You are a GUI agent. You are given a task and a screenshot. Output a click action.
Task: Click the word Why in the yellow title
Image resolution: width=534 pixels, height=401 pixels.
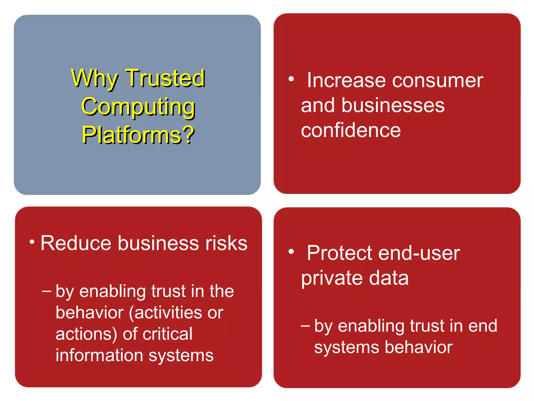coord(94,78)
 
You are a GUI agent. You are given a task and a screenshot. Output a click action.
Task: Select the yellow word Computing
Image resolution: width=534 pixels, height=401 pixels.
coord(138,107)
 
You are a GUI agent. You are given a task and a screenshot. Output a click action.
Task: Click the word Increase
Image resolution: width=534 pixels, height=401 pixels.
coord(346,80)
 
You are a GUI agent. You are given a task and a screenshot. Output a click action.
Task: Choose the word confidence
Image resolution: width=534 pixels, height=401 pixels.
coord(351,130)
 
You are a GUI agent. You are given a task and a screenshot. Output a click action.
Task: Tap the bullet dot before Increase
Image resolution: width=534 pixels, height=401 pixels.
coord(291,79)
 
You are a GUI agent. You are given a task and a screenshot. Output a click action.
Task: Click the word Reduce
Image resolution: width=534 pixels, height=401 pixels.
coord(76,243)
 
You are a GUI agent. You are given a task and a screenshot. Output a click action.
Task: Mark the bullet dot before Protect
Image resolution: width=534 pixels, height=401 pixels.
coord(291,252)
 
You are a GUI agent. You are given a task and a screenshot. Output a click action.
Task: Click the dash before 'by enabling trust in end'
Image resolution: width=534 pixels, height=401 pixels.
coord(305,326)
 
